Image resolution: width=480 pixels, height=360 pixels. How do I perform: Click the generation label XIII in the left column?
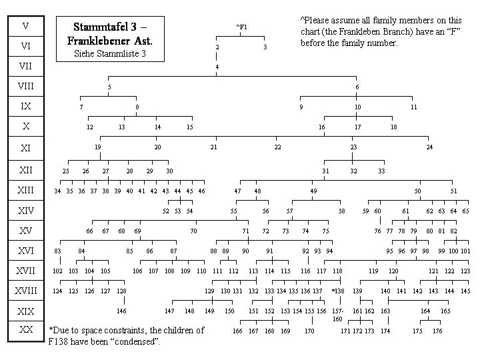pos(25,191)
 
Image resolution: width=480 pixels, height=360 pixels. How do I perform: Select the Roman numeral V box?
pos(25,26)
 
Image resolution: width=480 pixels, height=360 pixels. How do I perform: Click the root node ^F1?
pos(241,27)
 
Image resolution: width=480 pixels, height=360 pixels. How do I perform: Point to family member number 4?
pos(217,67)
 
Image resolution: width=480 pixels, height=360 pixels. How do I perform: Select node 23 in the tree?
pos(353,147)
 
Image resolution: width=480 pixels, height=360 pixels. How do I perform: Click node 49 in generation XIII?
pos(313,191)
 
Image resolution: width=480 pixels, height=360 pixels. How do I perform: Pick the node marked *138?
pos(338,291)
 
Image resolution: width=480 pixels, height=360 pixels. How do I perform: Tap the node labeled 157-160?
pos(337,314)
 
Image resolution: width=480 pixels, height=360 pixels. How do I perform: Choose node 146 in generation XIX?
pos(121,311)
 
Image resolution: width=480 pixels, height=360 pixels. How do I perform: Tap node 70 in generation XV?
pos(193,231)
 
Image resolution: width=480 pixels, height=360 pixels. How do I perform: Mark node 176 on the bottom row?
pos(437,331)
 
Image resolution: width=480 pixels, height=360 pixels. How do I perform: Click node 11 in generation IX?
pos(414,107)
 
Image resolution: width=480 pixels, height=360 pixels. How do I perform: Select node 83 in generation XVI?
pos(58,251)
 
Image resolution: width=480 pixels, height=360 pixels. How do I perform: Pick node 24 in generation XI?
pos(429,147)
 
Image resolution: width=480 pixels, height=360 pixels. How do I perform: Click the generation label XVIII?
pos(25,291)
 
